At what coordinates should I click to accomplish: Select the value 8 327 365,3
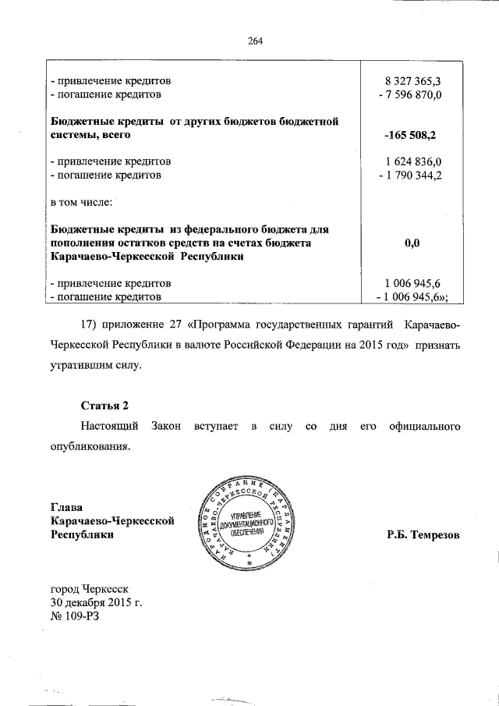(x=412, y=81)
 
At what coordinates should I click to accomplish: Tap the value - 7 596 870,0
(x=409, y=94)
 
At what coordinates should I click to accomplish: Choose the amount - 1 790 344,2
(x=409, y=175)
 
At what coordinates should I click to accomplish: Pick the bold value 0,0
(x=412, y=243)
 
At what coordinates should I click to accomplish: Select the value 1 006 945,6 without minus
(x=412, y=283)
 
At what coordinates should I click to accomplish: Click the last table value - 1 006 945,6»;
(x=412, y=296)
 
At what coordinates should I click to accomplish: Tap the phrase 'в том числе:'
(x=81, y=203)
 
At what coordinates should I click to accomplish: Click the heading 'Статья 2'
(x=104, y=406)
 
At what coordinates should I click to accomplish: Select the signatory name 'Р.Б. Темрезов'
(x=423, y=535)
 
